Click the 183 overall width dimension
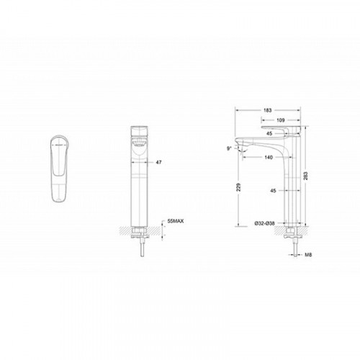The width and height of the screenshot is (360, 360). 267,110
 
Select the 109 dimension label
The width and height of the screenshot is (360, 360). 280,120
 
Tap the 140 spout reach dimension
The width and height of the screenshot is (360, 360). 269,157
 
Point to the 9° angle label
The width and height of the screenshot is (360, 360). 230,148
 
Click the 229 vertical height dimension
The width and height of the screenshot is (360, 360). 238,187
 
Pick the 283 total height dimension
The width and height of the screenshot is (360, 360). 305,176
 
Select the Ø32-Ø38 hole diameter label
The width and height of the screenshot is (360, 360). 264,223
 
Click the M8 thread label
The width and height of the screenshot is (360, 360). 308,255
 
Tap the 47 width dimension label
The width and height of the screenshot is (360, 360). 158,163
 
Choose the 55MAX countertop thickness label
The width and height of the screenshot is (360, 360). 176,221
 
